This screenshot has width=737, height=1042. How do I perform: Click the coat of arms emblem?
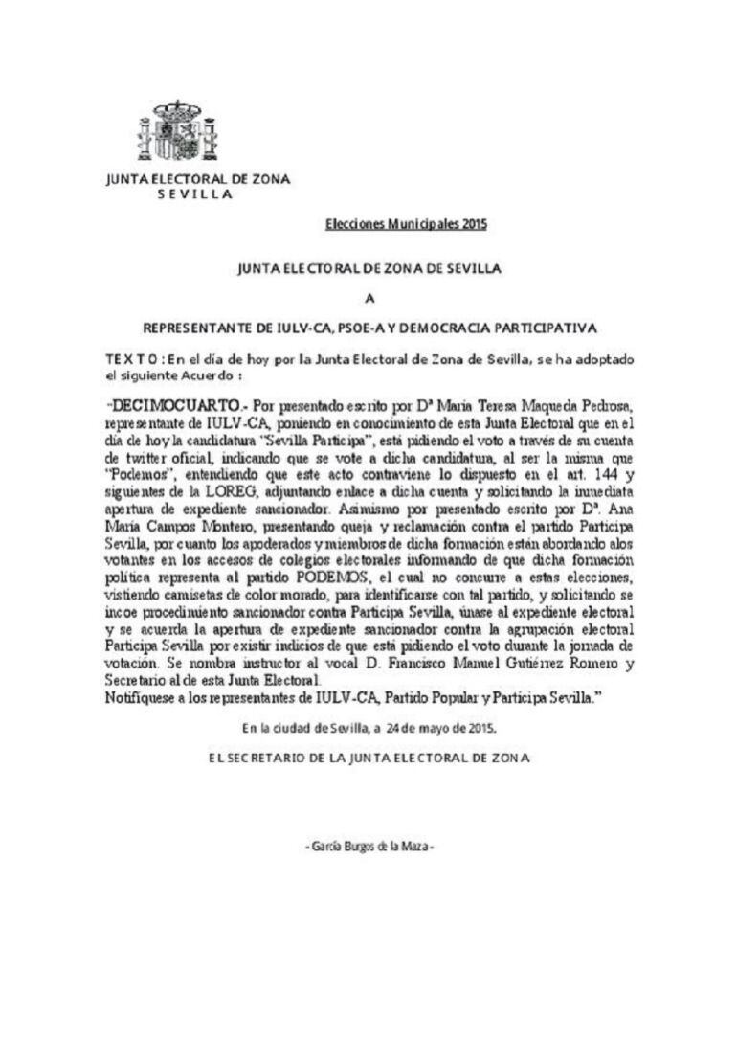pos(177,131)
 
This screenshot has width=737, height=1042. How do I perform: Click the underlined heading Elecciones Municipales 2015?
pos(407,225)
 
